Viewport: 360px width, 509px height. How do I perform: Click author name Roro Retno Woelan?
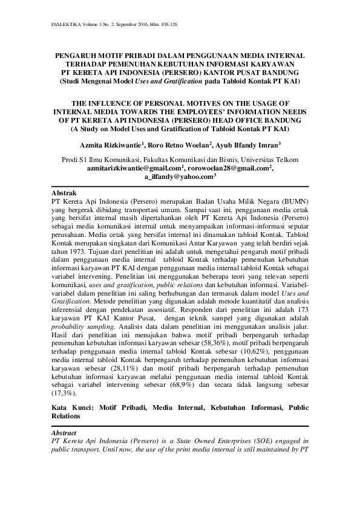183,145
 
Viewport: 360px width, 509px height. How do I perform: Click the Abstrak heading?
65,192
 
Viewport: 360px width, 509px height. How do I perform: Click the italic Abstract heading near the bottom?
64,433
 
